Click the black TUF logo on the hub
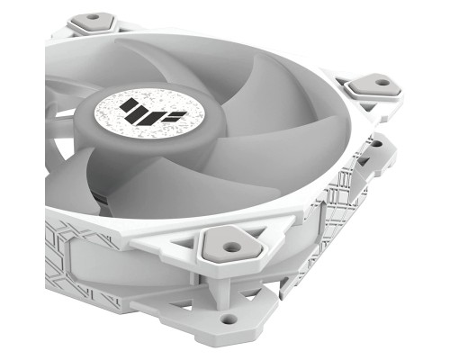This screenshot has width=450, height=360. [x=142, y=115]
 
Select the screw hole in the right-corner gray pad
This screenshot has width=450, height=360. [x=382, y=83]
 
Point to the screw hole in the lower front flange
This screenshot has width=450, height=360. [x=225, y=319]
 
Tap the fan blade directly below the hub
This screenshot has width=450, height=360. [x=162, y=193]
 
